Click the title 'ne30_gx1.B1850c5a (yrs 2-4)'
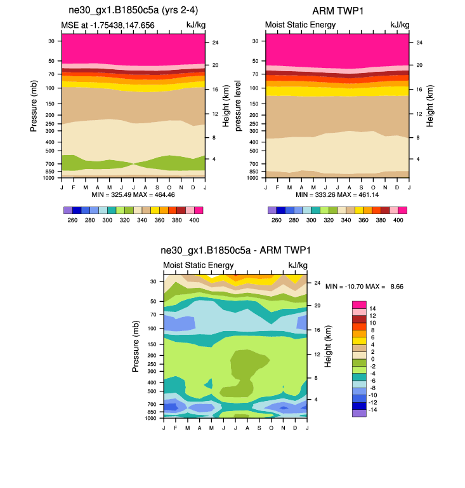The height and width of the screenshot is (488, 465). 133,11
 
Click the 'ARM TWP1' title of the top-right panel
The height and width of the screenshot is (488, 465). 337,11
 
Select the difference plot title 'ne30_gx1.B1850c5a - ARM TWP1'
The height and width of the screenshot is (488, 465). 235,250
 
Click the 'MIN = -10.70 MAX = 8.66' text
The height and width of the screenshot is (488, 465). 364,287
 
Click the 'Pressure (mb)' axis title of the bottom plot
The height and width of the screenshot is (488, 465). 136,346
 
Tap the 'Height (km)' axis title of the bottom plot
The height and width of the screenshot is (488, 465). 328,346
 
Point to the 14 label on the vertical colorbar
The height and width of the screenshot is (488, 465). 373,308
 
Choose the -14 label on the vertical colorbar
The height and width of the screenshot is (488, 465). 374,412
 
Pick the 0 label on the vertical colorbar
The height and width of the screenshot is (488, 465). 372,360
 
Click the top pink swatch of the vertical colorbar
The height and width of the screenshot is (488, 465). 360,304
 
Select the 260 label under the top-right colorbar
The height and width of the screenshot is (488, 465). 276,220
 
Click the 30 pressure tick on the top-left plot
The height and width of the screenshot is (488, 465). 51,41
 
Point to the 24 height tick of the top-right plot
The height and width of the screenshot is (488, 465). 416,43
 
